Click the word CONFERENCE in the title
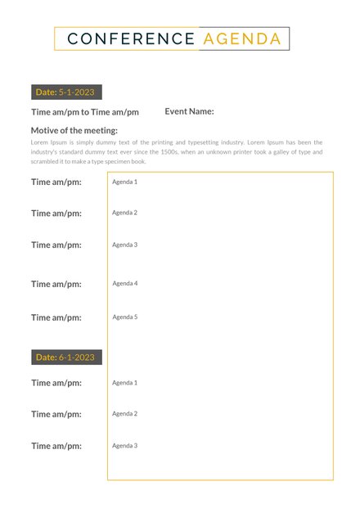point(131,38)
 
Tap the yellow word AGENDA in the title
point(241,38)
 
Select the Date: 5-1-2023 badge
point(65,92)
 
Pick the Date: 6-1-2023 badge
point(65,357)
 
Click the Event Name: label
point(189,111)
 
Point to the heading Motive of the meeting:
point(74,130)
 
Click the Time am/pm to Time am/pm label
point(85,112)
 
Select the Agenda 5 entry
point(124,317)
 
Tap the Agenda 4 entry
point(124,283)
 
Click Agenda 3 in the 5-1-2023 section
point(124,245)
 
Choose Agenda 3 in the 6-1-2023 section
point(124,445)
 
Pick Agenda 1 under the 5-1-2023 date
point(124,182)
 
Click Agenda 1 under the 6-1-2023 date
point(124,382)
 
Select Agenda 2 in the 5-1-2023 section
point(124,213)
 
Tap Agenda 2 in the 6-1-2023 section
point(124,413)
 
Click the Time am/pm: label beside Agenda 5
point(56,317)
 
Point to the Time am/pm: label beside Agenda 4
point(56,284)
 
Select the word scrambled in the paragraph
point(47,162)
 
